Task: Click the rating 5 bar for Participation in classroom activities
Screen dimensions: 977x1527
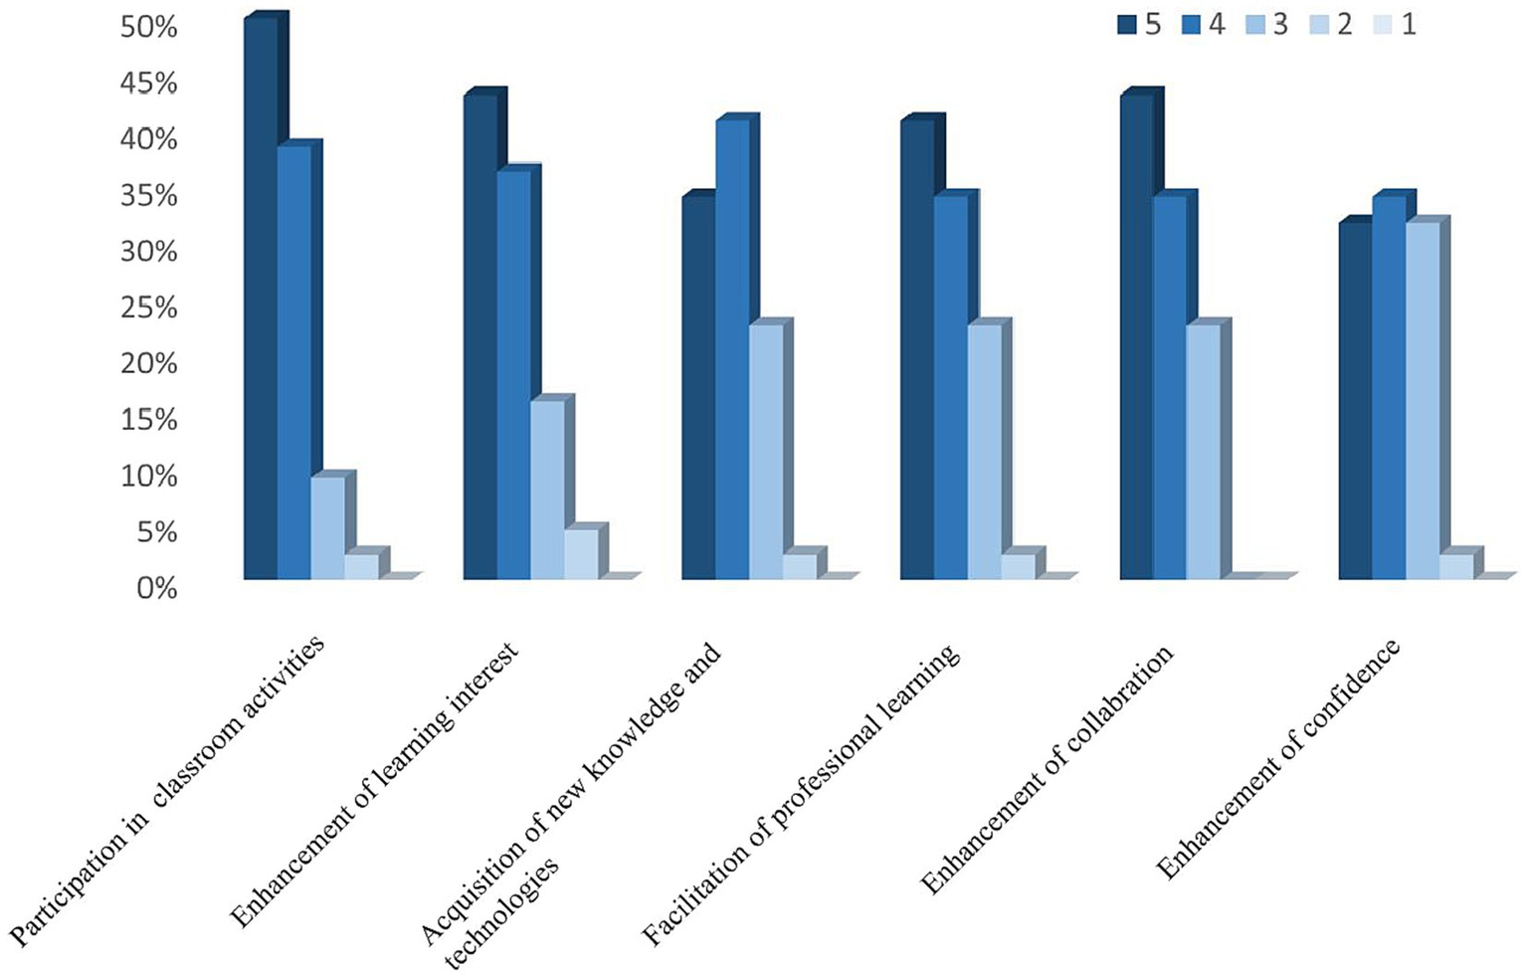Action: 261,298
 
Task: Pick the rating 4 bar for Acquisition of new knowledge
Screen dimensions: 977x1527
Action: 732,349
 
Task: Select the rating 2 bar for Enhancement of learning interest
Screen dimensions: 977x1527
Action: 581,553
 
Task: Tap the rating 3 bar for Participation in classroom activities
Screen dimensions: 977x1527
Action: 327,527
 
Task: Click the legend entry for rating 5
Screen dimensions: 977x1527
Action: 1139,24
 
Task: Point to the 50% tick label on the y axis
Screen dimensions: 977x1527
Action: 148,28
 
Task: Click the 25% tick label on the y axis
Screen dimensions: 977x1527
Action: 148,308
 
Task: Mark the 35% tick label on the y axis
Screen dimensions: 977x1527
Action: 148,196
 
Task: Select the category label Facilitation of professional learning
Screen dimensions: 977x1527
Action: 802,796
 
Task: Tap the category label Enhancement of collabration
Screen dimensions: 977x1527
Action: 1048,770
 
